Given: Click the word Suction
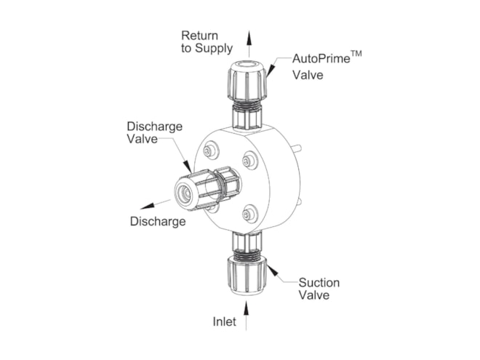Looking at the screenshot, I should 319,282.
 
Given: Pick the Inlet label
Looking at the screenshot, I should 225,321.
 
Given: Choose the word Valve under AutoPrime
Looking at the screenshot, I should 307,74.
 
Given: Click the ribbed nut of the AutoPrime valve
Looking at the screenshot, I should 246,84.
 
